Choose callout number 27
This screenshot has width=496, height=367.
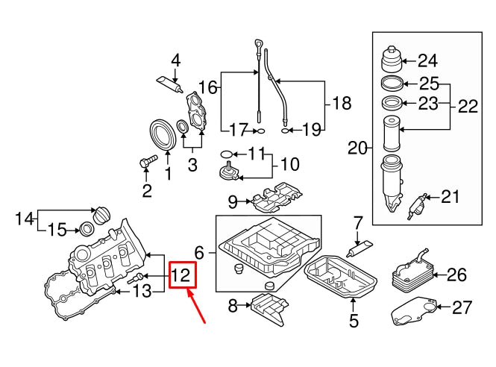pos(462,307)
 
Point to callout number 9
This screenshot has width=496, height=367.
pos(232,201)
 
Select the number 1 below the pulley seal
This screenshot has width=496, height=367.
pos(168,174)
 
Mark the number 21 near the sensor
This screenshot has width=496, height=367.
pos(451,197)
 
